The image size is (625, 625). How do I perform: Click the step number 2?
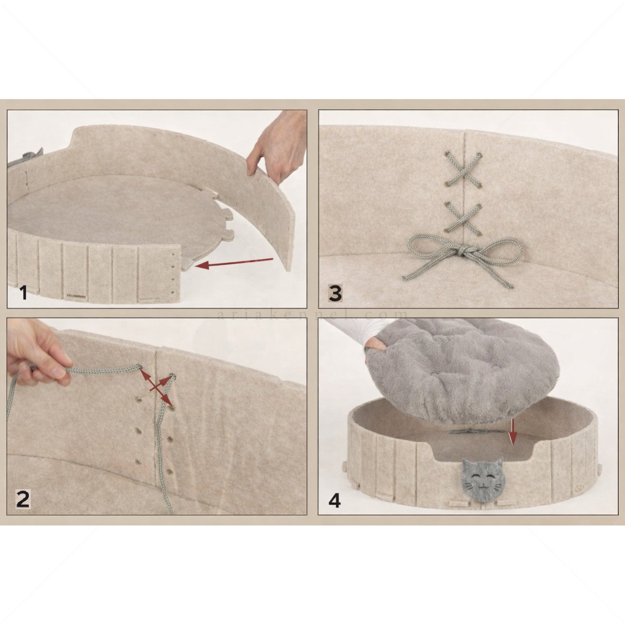[23, 498]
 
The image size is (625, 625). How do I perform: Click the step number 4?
[335, 500]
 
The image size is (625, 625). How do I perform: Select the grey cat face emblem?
[484, 480]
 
